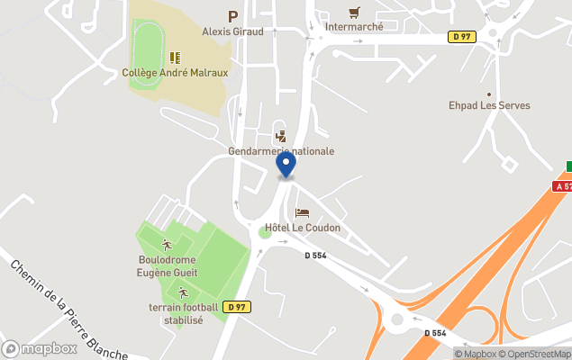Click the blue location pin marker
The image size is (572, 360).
point(286,165)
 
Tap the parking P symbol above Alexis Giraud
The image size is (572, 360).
point(232,16)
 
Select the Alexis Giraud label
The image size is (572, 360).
point(232,31)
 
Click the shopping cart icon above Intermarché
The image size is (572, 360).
point(354,13)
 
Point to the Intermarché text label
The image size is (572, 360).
point(354,27)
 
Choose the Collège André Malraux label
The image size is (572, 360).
point(175,73)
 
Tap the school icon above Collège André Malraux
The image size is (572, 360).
point(175,58)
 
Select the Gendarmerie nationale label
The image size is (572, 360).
point(281,151)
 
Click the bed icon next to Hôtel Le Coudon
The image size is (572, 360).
point(302,213)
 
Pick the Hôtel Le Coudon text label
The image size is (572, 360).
point(303,228)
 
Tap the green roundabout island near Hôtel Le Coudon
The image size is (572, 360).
point(265,232)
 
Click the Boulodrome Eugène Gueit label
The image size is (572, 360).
point(168,266)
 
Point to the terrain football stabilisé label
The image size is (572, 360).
point(183,314)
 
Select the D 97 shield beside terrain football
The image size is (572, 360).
point(237,307)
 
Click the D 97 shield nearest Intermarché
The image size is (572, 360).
point(461,37)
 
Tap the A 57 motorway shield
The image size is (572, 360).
point(563,186)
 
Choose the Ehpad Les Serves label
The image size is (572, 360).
point(489,105)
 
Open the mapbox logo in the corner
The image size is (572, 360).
point(40,348)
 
